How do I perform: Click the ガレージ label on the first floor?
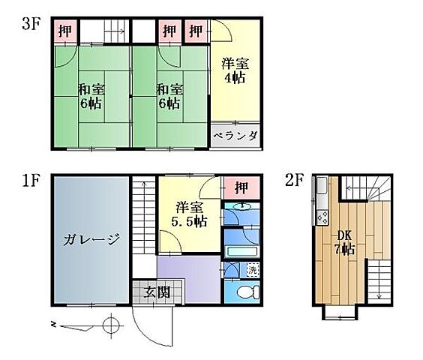[91, 240]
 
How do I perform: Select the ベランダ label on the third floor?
[235, 136]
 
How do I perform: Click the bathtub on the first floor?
[241, 251]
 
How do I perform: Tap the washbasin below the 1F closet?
[241, 206]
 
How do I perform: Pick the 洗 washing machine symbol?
[253, 269]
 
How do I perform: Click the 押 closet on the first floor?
[241, 186]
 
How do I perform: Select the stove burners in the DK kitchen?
[322, 218]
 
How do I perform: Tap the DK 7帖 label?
[344, 241]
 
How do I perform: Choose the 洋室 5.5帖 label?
[190, 214]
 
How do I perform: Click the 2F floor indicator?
[293, 180]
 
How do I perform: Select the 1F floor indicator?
[30, 180]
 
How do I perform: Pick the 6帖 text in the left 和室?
[91, 103]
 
